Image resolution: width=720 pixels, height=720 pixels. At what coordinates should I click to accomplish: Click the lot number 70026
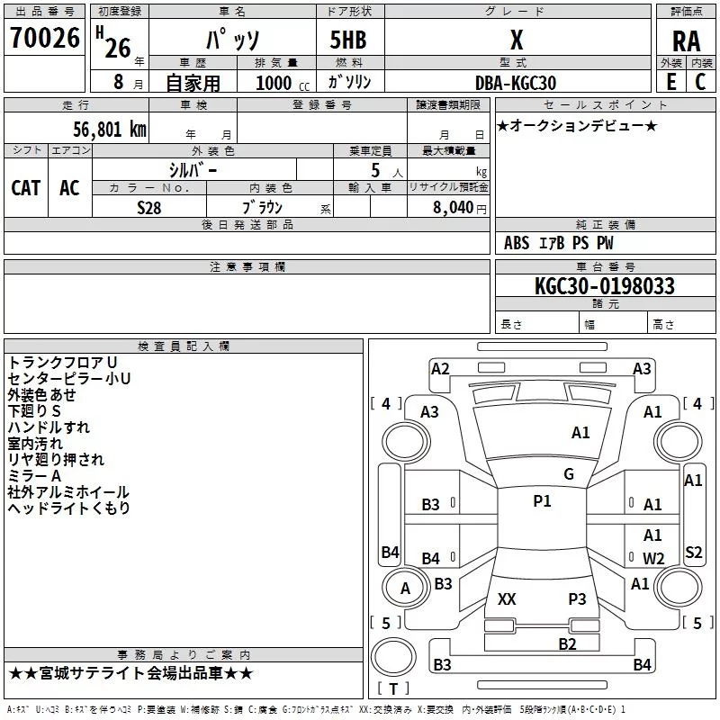45,37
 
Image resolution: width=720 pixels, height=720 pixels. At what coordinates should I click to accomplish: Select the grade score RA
686,41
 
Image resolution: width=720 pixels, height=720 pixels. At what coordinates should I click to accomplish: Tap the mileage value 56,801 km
110,130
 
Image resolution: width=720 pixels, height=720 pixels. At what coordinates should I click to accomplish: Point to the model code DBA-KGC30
516,83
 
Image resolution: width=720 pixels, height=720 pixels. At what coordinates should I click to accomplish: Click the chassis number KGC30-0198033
605,286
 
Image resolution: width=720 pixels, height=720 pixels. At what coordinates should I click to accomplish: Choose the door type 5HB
348,40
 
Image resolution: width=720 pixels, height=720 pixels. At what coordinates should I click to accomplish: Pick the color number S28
149,208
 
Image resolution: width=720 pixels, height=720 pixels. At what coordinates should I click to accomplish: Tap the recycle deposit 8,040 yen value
460,208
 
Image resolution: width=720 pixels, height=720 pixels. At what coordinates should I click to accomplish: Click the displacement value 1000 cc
283,83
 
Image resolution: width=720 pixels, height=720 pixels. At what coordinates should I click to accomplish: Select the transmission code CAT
26,188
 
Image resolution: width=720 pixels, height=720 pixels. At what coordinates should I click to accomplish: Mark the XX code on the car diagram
507,598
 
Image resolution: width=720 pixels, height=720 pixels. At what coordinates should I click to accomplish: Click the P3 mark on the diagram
577,598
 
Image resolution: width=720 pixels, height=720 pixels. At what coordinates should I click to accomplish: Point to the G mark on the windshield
569,474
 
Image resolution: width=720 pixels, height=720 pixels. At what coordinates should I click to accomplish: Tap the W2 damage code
653,558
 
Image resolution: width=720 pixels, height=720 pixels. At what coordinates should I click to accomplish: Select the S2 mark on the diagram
693,552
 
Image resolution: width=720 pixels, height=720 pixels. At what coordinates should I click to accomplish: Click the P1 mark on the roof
542,501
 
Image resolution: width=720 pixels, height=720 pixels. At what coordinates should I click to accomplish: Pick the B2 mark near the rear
567,643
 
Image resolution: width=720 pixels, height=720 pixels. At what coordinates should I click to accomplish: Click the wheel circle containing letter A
405,589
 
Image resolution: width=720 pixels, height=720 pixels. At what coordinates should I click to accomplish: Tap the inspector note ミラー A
34,476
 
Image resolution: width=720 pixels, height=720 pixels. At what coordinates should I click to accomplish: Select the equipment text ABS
517,243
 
